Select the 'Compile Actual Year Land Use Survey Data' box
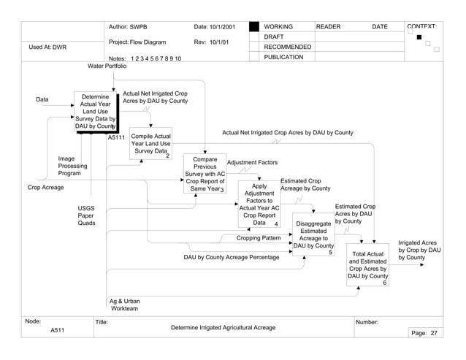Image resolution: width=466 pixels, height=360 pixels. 150,144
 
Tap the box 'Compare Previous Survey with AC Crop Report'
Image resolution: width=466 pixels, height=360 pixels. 205,174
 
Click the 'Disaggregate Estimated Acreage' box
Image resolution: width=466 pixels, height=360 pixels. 313,234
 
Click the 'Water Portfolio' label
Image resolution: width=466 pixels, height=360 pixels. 107,66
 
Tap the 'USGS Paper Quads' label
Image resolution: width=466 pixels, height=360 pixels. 86,215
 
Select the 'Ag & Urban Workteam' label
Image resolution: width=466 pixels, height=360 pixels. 125,305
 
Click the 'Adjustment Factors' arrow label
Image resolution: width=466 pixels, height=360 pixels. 252,162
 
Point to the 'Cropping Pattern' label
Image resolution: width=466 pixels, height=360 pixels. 259,238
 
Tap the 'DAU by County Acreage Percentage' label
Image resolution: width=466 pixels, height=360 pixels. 231,257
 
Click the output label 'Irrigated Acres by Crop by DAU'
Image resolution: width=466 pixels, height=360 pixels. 417,250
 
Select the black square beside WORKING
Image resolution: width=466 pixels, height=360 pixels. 253,27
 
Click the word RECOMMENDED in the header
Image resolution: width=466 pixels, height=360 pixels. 287,47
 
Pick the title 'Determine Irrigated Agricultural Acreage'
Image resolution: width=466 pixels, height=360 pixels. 223,328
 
